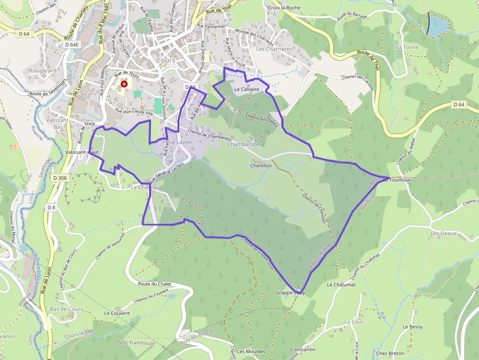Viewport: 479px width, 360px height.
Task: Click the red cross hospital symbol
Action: tap(124, 84)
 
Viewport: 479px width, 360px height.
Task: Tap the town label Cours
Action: tap(166, 60)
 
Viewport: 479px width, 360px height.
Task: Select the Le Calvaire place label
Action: tap(246, 89)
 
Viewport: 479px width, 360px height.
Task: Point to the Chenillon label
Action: tap(261, 166)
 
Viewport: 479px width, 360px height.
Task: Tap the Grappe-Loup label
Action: tap(290, 293)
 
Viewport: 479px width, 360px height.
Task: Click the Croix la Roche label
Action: tap(284, 8)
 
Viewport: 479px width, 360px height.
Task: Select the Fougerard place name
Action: tap(43, 70)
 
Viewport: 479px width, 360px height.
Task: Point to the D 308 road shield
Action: tap(58, 178)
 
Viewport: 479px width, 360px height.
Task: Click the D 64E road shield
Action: tap(71, 44)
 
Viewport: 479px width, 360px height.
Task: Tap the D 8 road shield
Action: tap(51, 208)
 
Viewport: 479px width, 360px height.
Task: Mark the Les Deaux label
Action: tap(443, 233)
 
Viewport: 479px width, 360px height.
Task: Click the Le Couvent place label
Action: tap(117, 313)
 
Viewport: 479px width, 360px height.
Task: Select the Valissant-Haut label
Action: tap(82, 152)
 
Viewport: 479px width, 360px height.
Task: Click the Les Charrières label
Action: tap(274, 49)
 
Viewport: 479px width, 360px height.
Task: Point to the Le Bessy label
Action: tap(413, 327)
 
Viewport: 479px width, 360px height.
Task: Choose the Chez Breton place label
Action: tap(390, 353)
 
